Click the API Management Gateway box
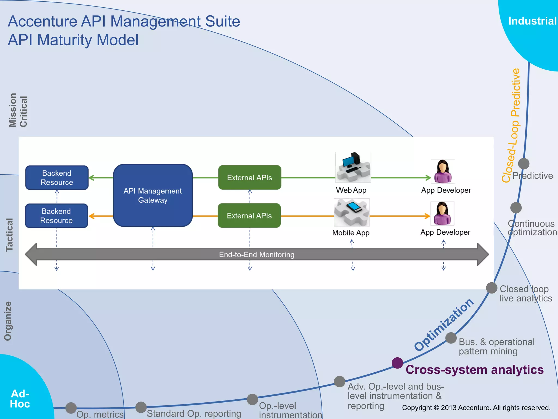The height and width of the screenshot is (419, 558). tap(153, 195)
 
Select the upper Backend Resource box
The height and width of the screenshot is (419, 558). tap(57, 178)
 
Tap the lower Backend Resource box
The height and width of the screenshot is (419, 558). tap(56, 216)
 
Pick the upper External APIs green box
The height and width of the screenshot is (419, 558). tap(250, 177)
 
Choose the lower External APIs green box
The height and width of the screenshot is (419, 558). tap(249, 216)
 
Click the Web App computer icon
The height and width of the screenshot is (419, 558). tap(353, 167)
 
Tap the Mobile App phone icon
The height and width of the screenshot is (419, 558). tap(351, 212)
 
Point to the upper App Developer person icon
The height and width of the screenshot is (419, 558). tap(443, 171)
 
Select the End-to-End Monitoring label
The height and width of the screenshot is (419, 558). tap(257, 255)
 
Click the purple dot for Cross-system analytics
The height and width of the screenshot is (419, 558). tap(397, 363)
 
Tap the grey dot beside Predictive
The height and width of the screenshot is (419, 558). tap(523, 164)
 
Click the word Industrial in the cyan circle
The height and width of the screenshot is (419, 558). tap(532, 21)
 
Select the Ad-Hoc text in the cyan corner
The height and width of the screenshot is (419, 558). tap(20, 399)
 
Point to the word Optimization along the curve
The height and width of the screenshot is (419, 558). tap(444, 324)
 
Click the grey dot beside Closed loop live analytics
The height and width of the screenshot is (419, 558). tap(492, 288)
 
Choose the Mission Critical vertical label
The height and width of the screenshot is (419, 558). tap(18, 110)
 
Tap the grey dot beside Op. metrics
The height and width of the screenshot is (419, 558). tap(71, 408)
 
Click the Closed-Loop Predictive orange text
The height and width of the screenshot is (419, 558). tap(511, 125)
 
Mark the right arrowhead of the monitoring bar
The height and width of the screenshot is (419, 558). tap(483, 254)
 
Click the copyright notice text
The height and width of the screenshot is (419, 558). tap(476, 408)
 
